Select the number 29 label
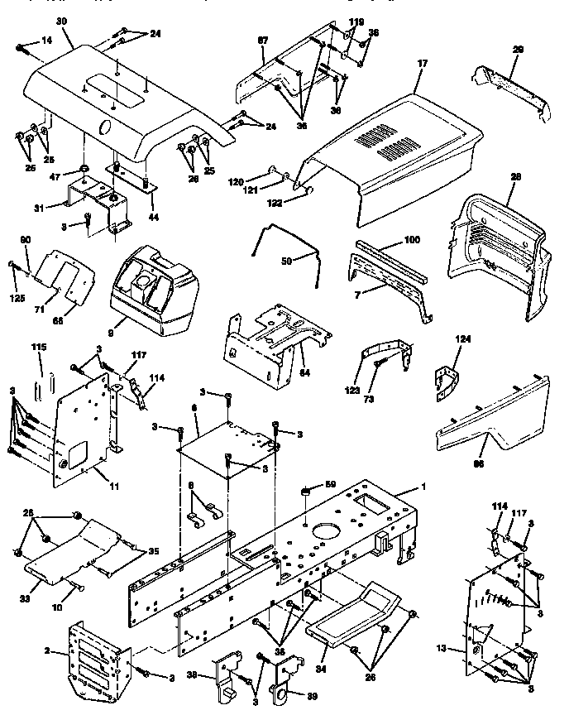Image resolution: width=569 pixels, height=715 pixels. (519, 50)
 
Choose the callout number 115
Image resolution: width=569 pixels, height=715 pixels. (38, 347)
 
